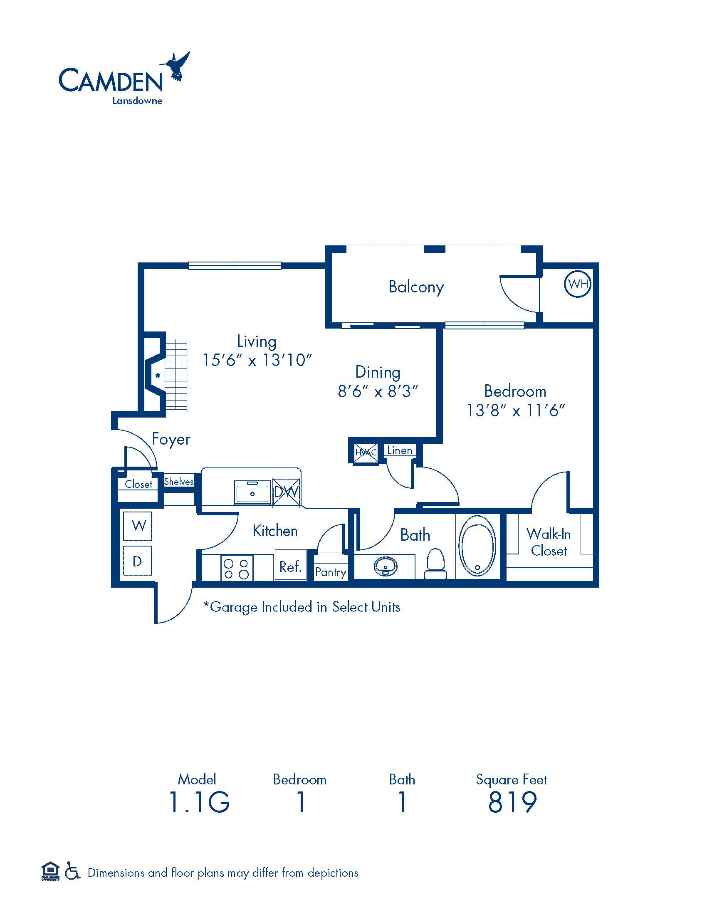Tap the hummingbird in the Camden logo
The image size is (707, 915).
click(x=175, y=66)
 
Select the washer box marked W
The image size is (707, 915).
click(x=137, y=525)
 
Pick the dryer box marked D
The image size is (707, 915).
click(x=137, y=561)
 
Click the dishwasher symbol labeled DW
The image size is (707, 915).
click(x=287, y=493)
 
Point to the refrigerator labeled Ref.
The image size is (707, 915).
click(x=291, y=565)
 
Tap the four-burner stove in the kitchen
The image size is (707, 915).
click(x=237, y=567)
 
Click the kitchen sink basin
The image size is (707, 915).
click(x=252, y=492)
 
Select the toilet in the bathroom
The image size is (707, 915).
click(x=435, y=564)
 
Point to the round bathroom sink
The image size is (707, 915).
click(x=386, y=566)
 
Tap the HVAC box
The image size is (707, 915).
click(x=366, y=453)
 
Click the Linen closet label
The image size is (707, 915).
click(x=400, y=450)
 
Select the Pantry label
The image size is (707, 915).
click(x=331, y=572)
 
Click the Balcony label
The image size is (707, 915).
click(x=416, y=287)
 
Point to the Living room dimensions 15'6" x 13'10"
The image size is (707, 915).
click(x=257, y=360)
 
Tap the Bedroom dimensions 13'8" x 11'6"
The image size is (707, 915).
click(x=516, y=410)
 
